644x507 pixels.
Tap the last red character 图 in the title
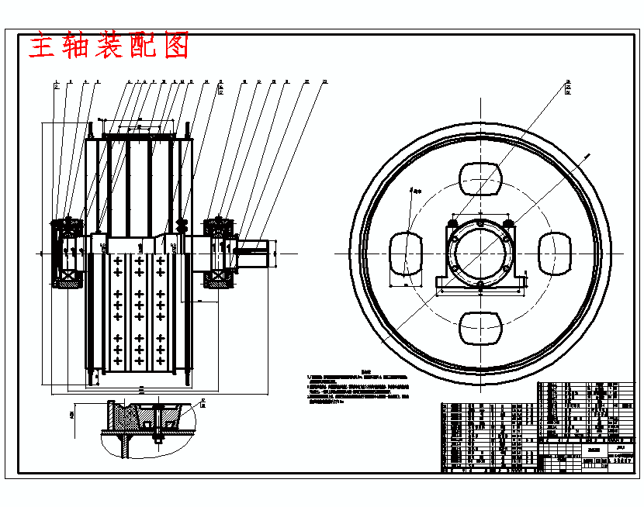point(177,47)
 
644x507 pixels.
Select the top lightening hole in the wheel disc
point(480,179)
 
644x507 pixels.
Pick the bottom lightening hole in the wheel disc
point(480,327)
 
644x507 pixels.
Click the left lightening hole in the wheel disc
point(406,253)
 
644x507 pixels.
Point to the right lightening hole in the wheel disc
point(555,253)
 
